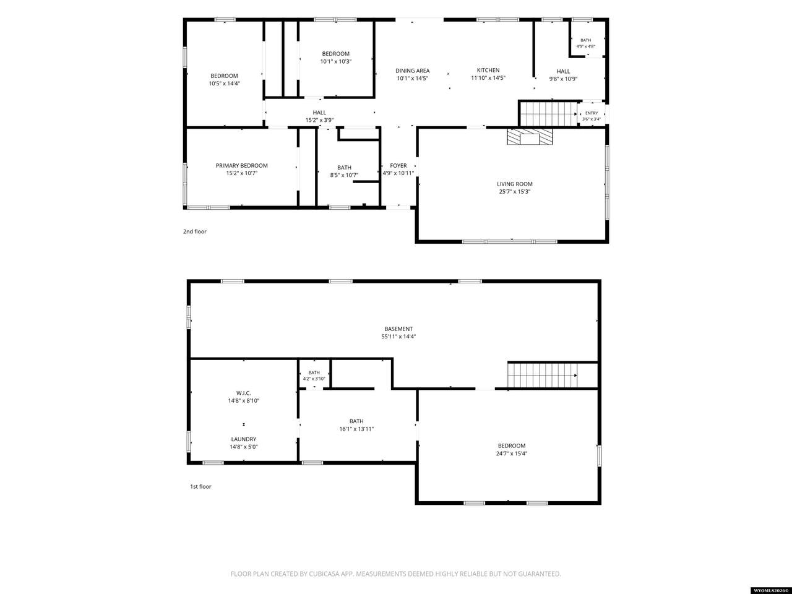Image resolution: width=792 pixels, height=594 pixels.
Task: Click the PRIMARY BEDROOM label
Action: (x=242, y=166)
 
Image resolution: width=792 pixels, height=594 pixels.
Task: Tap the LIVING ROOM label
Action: (x=515, y=184)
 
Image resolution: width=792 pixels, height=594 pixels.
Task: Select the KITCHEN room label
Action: (x=488, y=70)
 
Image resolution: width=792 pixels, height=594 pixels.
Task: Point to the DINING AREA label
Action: (x=413, y=71)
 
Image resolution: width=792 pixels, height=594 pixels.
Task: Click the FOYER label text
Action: (x=398, y=166)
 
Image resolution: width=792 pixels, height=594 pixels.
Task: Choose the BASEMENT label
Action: (x=398, y=329)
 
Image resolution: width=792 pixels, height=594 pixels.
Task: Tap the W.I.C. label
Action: (x=244, y=393)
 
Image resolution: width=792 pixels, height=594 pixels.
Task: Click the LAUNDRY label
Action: (x=244, y=439)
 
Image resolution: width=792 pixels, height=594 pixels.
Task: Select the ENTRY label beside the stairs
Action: (x=592, y=113)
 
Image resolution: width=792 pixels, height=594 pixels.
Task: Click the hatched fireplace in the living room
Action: (x=530, y=137)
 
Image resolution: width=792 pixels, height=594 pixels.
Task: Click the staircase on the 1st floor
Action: (x=542, y=375)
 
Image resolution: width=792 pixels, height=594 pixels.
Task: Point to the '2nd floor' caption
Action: (x=195, y=231)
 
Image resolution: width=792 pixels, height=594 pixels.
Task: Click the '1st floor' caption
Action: (x=200, y=486)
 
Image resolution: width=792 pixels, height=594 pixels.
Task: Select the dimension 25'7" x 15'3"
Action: (x=515, y=192)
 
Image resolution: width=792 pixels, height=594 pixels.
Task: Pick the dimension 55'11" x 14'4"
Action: (x=398, y=337)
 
